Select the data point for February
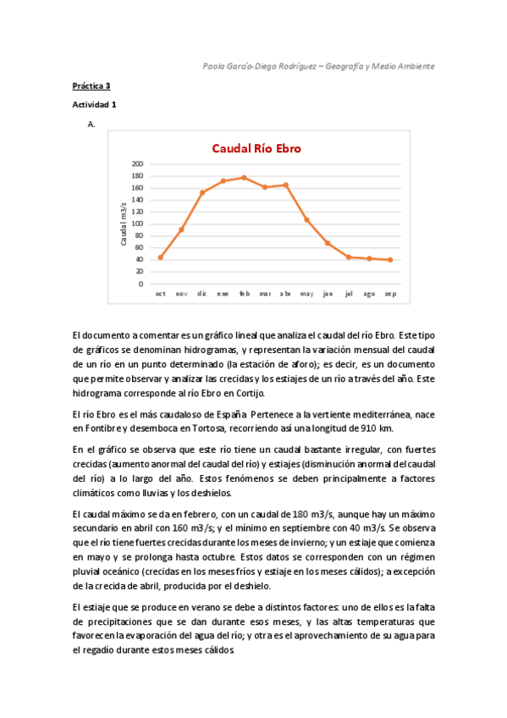(244, 178)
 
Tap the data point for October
(160, 257)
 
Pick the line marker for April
(285, 185)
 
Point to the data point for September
(389, 260)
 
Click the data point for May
(306, 219)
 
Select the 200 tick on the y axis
(138, 163)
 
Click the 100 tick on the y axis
(138, 224)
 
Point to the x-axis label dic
(202, 294)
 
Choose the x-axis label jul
(348, 294)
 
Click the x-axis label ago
(369, 294)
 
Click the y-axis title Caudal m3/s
(124, 224)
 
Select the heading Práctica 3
(91, 86)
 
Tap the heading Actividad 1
(95, 104)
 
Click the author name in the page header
(260, 65)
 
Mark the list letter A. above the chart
(91, 124)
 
